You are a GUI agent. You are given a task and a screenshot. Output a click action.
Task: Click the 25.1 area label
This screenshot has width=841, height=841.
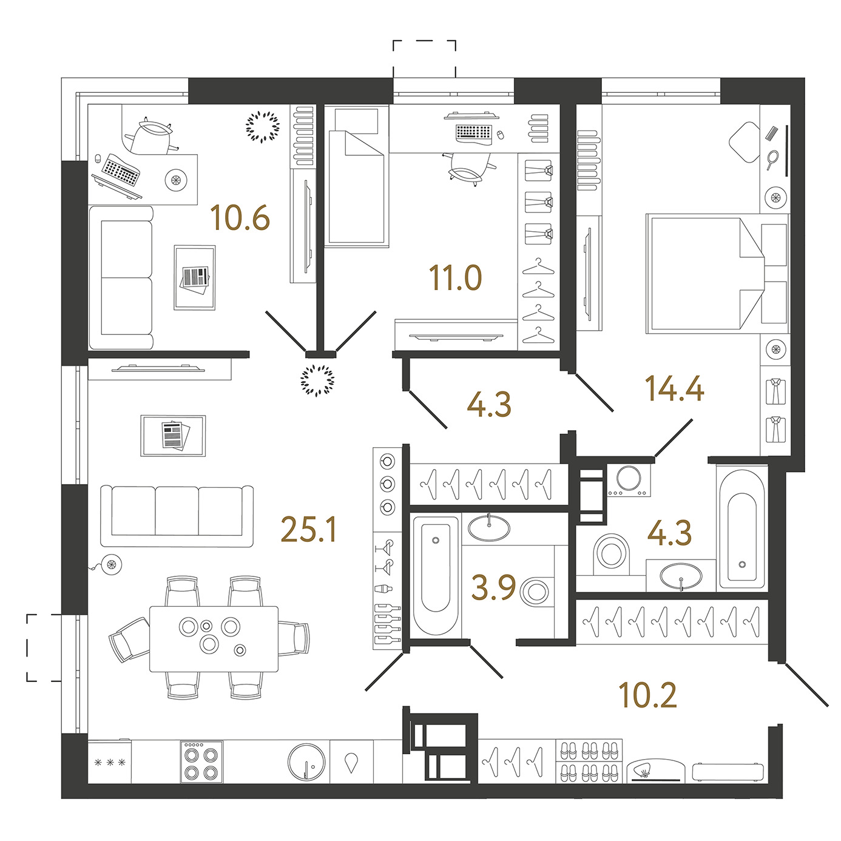pos(309,529)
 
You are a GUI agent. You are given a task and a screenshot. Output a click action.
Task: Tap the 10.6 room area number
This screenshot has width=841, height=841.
pos(240,218)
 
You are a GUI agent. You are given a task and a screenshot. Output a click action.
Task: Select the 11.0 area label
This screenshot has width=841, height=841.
pos(455,278)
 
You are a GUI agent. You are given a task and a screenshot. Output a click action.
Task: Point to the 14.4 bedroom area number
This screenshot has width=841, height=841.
pos(674,388)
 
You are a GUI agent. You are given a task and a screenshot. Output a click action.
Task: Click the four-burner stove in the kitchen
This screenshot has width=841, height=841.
pos(201,762)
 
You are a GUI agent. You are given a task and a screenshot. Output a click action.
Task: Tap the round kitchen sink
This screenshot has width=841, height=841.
pos(306,762)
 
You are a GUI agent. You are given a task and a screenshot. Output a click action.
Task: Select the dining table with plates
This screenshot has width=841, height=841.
pos(214,639)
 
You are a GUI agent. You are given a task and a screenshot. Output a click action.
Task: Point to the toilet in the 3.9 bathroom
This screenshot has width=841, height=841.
pos(537,592)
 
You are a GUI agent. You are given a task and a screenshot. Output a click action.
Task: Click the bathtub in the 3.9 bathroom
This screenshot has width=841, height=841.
pos(436,576)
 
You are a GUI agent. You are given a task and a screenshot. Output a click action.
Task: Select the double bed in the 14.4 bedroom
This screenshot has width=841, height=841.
pos(717,274)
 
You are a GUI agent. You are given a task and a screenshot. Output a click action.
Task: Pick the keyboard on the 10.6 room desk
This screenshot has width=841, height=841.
pos(121,169)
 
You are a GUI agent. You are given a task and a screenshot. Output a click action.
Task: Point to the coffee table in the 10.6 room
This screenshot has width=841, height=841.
pos(194,277)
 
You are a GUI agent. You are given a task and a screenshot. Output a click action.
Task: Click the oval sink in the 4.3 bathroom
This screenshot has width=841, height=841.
pos(681,576)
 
